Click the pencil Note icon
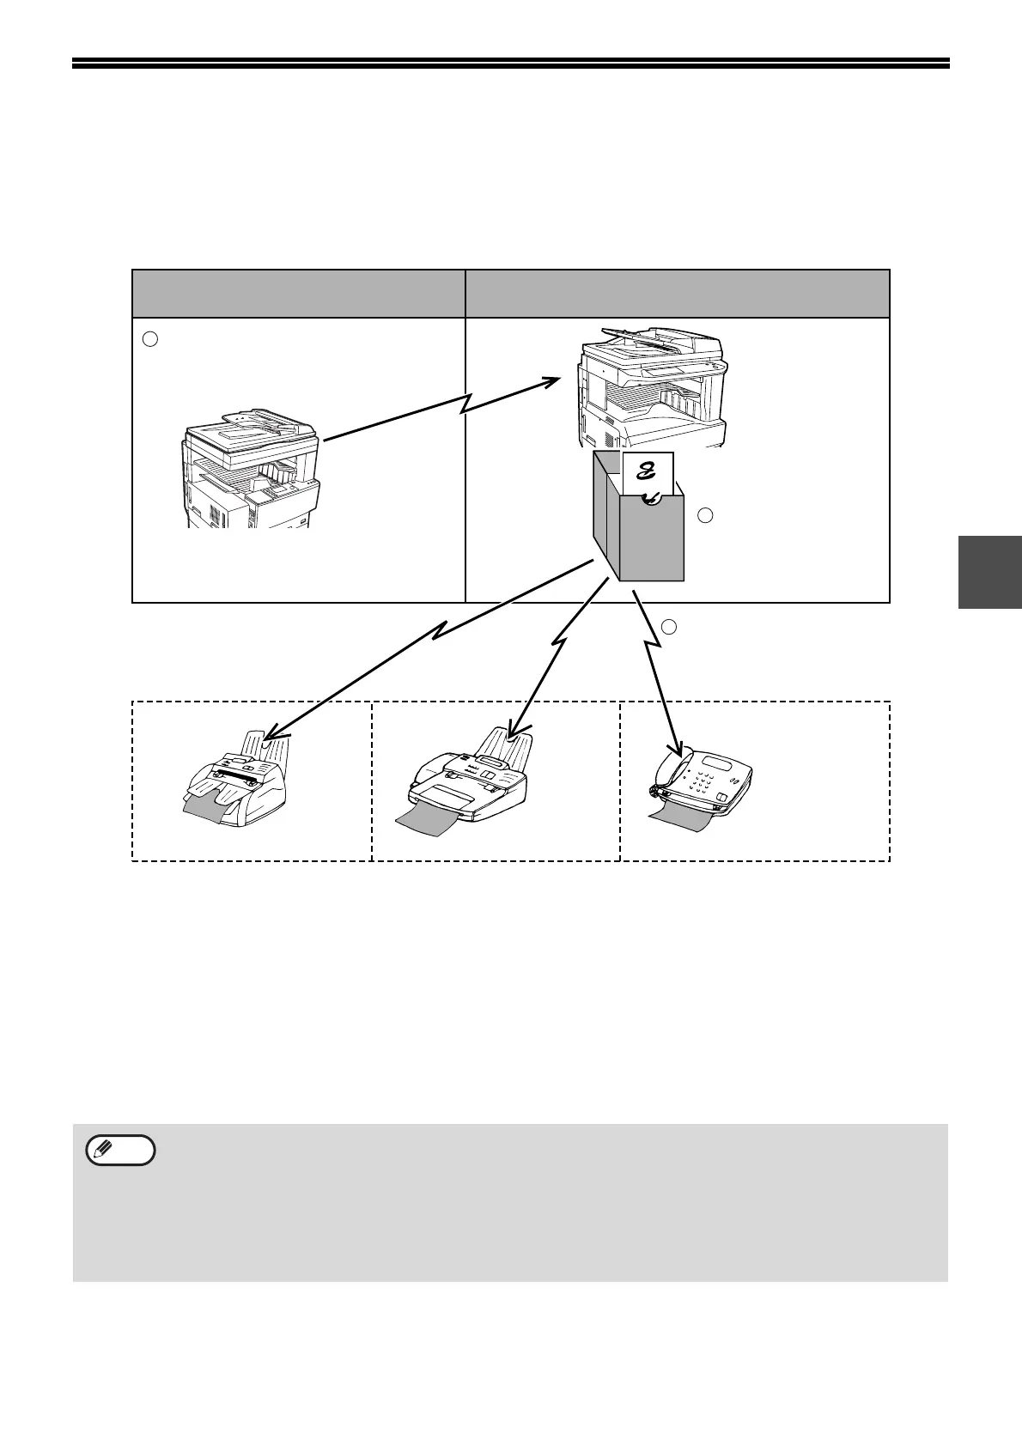point(121,1150)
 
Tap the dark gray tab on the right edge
point(989,572)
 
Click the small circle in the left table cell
point(149,338)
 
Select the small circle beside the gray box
point(705,515)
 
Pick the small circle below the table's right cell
point(669,626)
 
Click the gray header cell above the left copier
point(298,294)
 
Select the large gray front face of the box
point(653,541)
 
